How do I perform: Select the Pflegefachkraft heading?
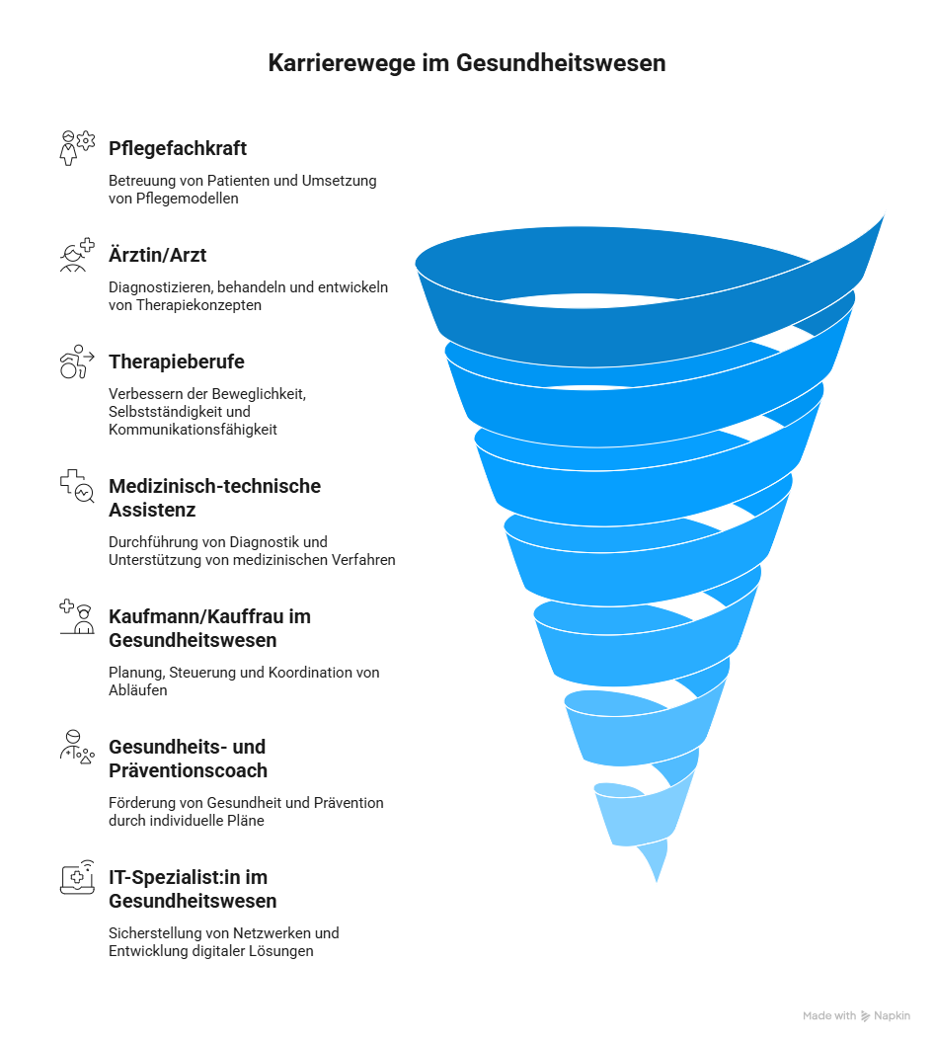(178, 149)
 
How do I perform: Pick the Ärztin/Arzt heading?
(157, 256)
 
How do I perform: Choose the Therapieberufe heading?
(177, 362)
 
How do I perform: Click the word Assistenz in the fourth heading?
(152, 511)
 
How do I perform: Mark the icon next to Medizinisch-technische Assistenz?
(77, 486)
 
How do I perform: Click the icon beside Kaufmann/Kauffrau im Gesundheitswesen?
(77, 616)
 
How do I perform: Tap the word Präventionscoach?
(188, 770)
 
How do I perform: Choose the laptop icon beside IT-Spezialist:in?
(77, 876)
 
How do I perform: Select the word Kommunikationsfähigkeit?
(193, 431)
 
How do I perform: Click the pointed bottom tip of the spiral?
(657, 879)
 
